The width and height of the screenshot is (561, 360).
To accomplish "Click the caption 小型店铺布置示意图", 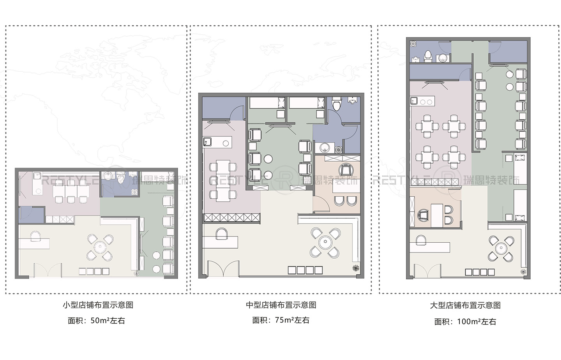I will [98, 305].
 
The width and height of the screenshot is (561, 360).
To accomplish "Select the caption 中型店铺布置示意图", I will [280, 305].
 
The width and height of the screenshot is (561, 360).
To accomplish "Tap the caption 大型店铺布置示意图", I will [465, 305].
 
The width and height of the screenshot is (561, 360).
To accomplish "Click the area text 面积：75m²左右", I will [280, 320].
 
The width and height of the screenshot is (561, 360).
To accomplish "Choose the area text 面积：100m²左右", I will [465, 321].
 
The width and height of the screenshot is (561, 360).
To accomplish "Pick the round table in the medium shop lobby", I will [325, 243].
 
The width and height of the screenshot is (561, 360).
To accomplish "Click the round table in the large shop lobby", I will [501, 248].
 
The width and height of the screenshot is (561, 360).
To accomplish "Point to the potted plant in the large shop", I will [523, 272].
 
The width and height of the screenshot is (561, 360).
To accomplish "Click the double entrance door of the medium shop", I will [223, 269].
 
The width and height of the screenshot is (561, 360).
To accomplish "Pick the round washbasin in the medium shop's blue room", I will [325, 148].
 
